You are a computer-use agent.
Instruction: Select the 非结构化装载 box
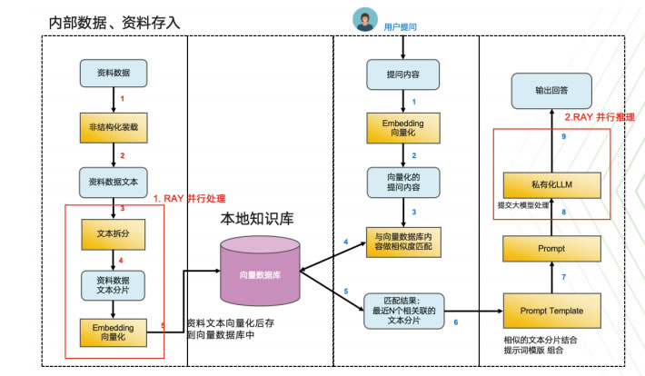pyautogui.click(x=114, y=126)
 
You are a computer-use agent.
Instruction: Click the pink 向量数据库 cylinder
pyautogui.click(x=260, y=272)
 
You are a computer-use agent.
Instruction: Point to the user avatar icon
pyautogui.click(x=364, y=20)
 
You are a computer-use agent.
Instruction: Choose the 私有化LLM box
pyautogui.click(x=551, y=185)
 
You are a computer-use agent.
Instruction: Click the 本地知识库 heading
pyautogui.click(x=257, y=220)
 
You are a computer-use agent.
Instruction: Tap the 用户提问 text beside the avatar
pyautogui.click(x=401, y=27)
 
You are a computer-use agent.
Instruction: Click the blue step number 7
pyautogui.click(x=563, y=275)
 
